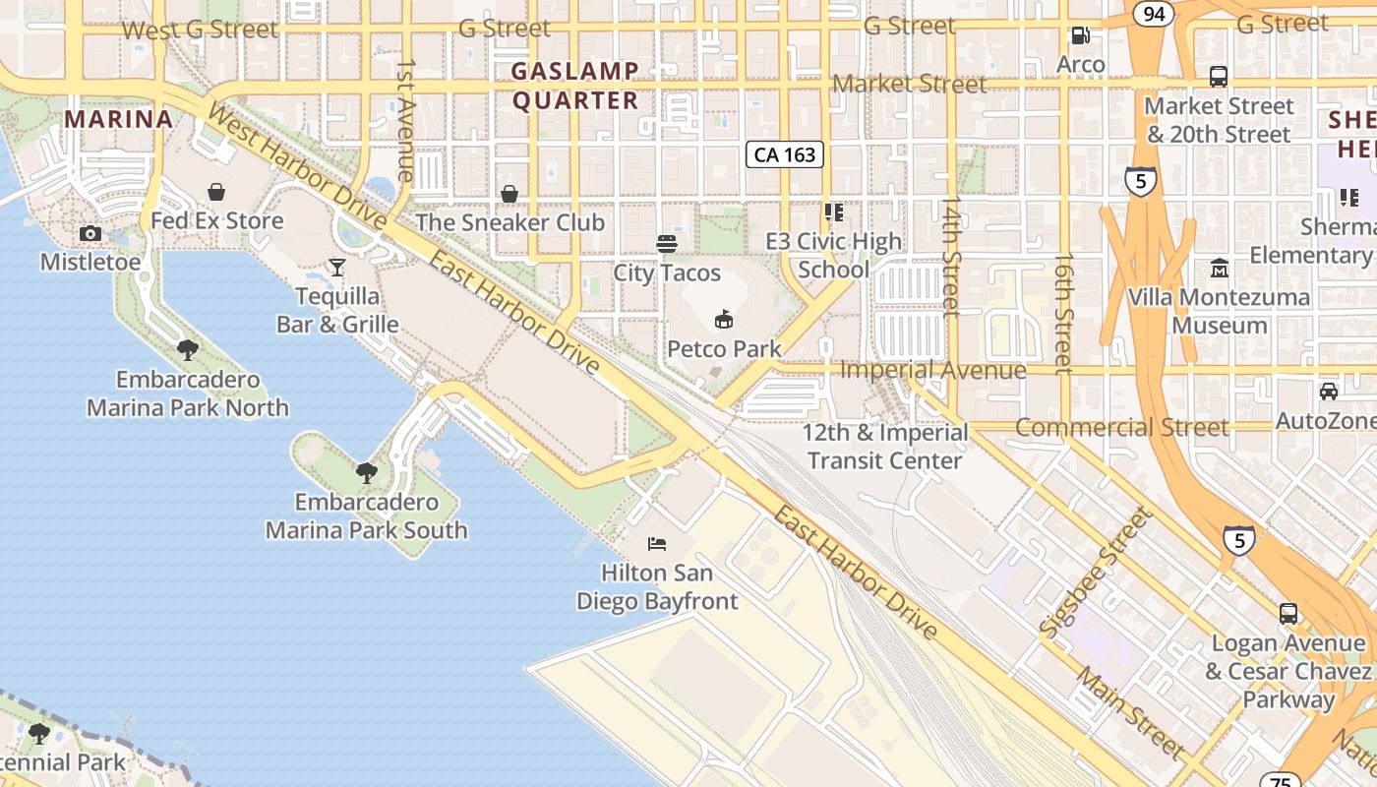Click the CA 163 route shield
pyautogui.click(x=784, y=154)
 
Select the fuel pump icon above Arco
pyautogui.click(x=1080, y=35)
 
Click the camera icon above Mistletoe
pyautogui.click(x=90, y=233)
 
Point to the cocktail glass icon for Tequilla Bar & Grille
pyautogui.click(x=337, y=267)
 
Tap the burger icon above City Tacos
pyautogui.click(x=667, y=243)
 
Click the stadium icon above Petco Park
pyautogui.click(x=724, y=319)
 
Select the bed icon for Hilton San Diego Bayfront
pyautogui.click(x=656, y=543)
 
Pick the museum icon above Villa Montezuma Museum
pyautogui.click(x=1219, y=268)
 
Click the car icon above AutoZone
pyautogui.click(x=1328, y=392)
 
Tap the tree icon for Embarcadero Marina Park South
pyautogui.click(x=366, y=473)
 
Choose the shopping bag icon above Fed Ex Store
pyautogui.click(x=216, y=192)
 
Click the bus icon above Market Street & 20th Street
pyautogui.click(x=1218, y=76)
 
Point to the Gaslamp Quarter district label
pyautogui.click(x=575, y=86)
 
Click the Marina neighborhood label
pyautogui.click(x=119, y=119)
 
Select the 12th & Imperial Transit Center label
pyautogui.click(x=884, y=447)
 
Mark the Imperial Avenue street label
pyautogui.click(x=933, y=370)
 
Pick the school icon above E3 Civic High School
pyautogui.click(x=834, y=212)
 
